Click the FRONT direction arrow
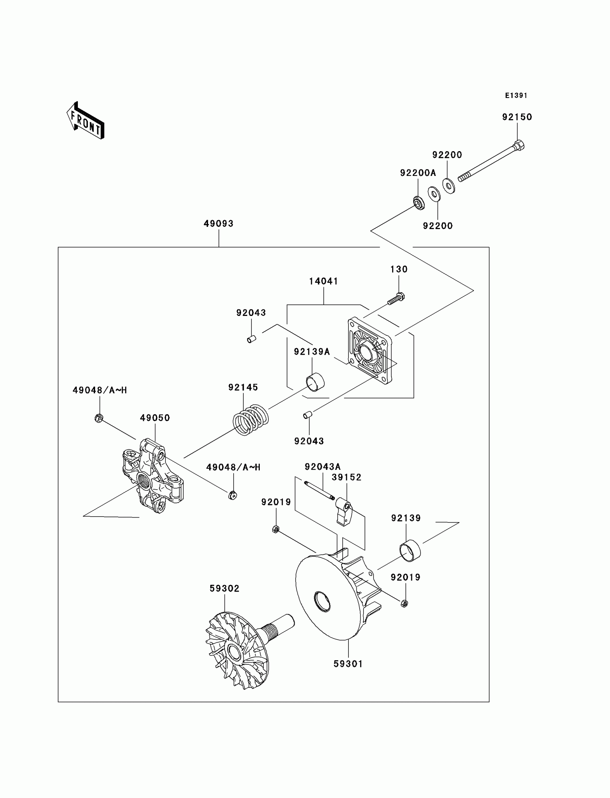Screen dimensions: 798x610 [86, 121]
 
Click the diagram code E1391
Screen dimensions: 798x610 [516, 95]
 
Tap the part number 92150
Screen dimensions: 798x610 [517, 117]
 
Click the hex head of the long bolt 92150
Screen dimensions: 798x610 [519, 145]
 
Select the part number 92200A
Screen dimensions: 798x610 [418, 173]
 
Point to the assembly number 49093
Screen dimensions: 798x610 [219, 224]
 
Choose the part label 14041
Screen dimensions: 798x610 [324, 281]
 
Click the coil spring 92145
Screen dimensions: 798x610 [250, 420]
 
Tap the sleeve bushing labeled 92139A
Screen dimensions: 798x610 [314, 382]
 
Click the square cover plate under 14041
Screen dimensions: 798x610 [370, 351]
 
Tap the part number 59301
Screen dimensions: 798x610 [348, 664]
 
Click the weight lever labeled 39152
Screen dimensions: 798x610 [343, 511]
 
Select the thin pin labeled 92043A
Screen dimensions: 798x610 [319, 490]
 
